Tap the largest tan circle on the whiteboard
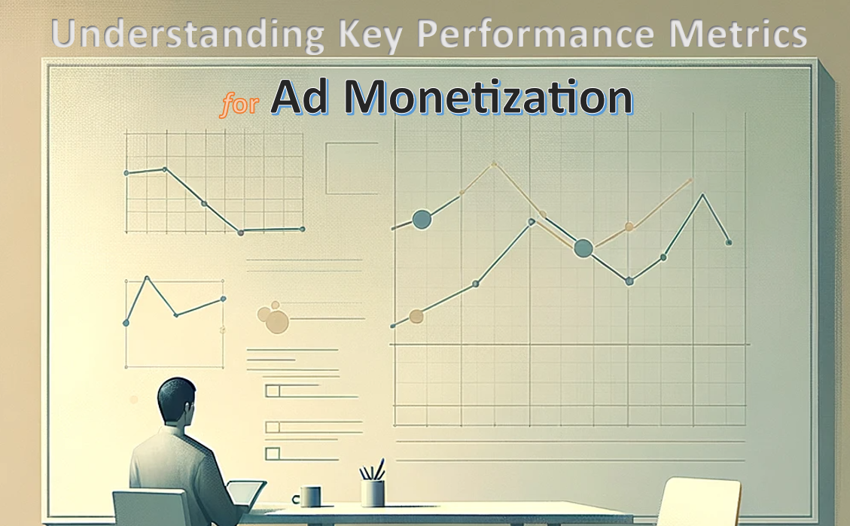coord(277,321)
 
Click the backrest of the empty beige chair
coord(693,500)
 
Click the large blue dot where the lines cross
coord(583,248)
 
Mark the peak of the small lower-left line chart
coord(147,278)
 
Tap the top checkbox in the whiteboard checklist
coord(273,391)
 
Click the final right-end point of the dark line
coord(728,242)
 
